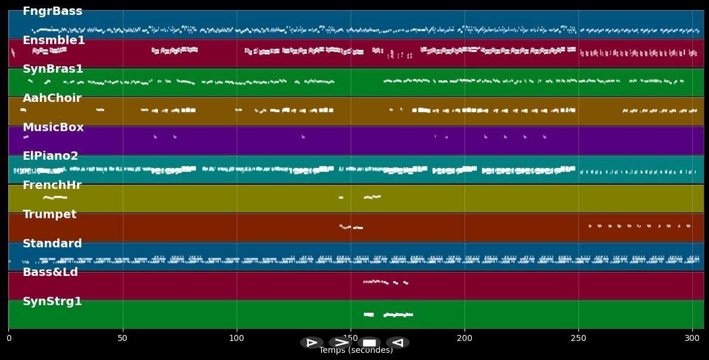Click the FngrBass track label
(52, 11)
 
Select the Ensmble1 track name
(54, 41)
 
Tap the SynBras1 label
(53, 69)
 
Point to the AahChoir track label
(52, 98)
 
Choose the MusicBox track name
(53, 128)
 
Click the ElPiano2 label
(50, 156)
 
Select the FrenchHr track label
(52, 185)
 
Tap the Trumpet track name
(49, 215)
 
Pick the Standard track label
(52, 244)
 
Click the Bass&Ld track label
(50, 272)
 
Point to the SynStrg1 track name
(52, 302)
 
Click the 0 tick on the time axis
(8, 339)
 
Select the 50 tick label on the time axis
(123, 339)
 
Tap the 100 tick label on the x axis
(237, 339)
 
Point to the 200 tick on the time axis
(465, 339)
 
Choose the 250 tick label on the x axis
(578, 339)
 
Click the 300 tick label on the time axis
(692, 339)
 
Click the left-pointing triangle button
(398, 343)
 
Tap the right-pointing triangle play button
(312, 343)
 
